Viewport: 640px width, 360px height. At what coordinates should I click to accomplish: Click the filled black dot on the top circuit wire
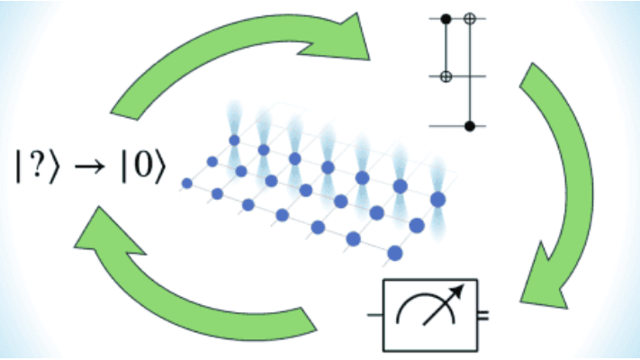point(446,17)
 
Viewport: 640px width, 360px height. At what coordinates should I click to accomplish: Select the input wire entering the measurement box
point(374,316)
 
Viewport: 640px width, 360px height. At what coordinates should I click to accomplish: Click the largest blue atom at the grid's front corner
point(393,255)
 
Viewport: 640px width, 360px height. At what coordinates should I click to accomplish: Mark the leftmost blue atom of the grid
point(187,183)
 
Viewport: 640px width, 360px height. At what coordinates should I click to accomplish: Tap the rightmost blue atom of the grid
point(438,198)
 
